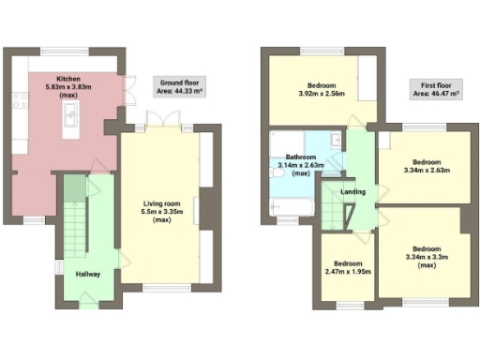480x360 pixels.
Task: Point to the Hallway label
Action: pyautogui.click(x=88, y=274)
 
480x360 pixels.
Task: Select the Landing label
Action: pyautogui.click(x=352, y=192)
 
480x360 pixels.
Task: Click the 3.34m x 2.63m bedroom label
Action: pyautogui.click(x=426, y=165)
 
